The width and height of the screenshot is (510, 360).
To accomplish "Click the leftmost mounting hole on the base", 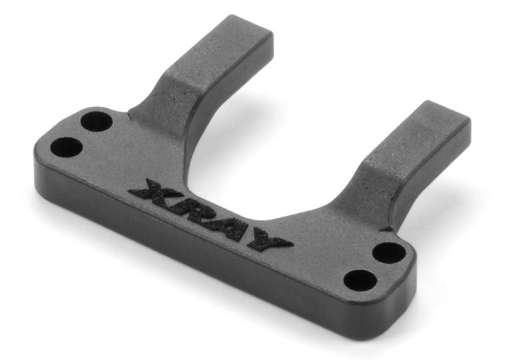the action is [x=66, y=147].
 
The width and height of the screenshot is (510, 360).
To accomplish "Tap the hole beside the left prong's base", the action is [x=96, y=122].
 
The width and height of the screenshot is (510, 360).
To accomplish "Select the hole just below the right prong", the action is [x=389, y=253].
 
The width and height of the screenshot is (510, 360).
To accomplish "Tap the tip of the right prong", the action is [x=446, y=112].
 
